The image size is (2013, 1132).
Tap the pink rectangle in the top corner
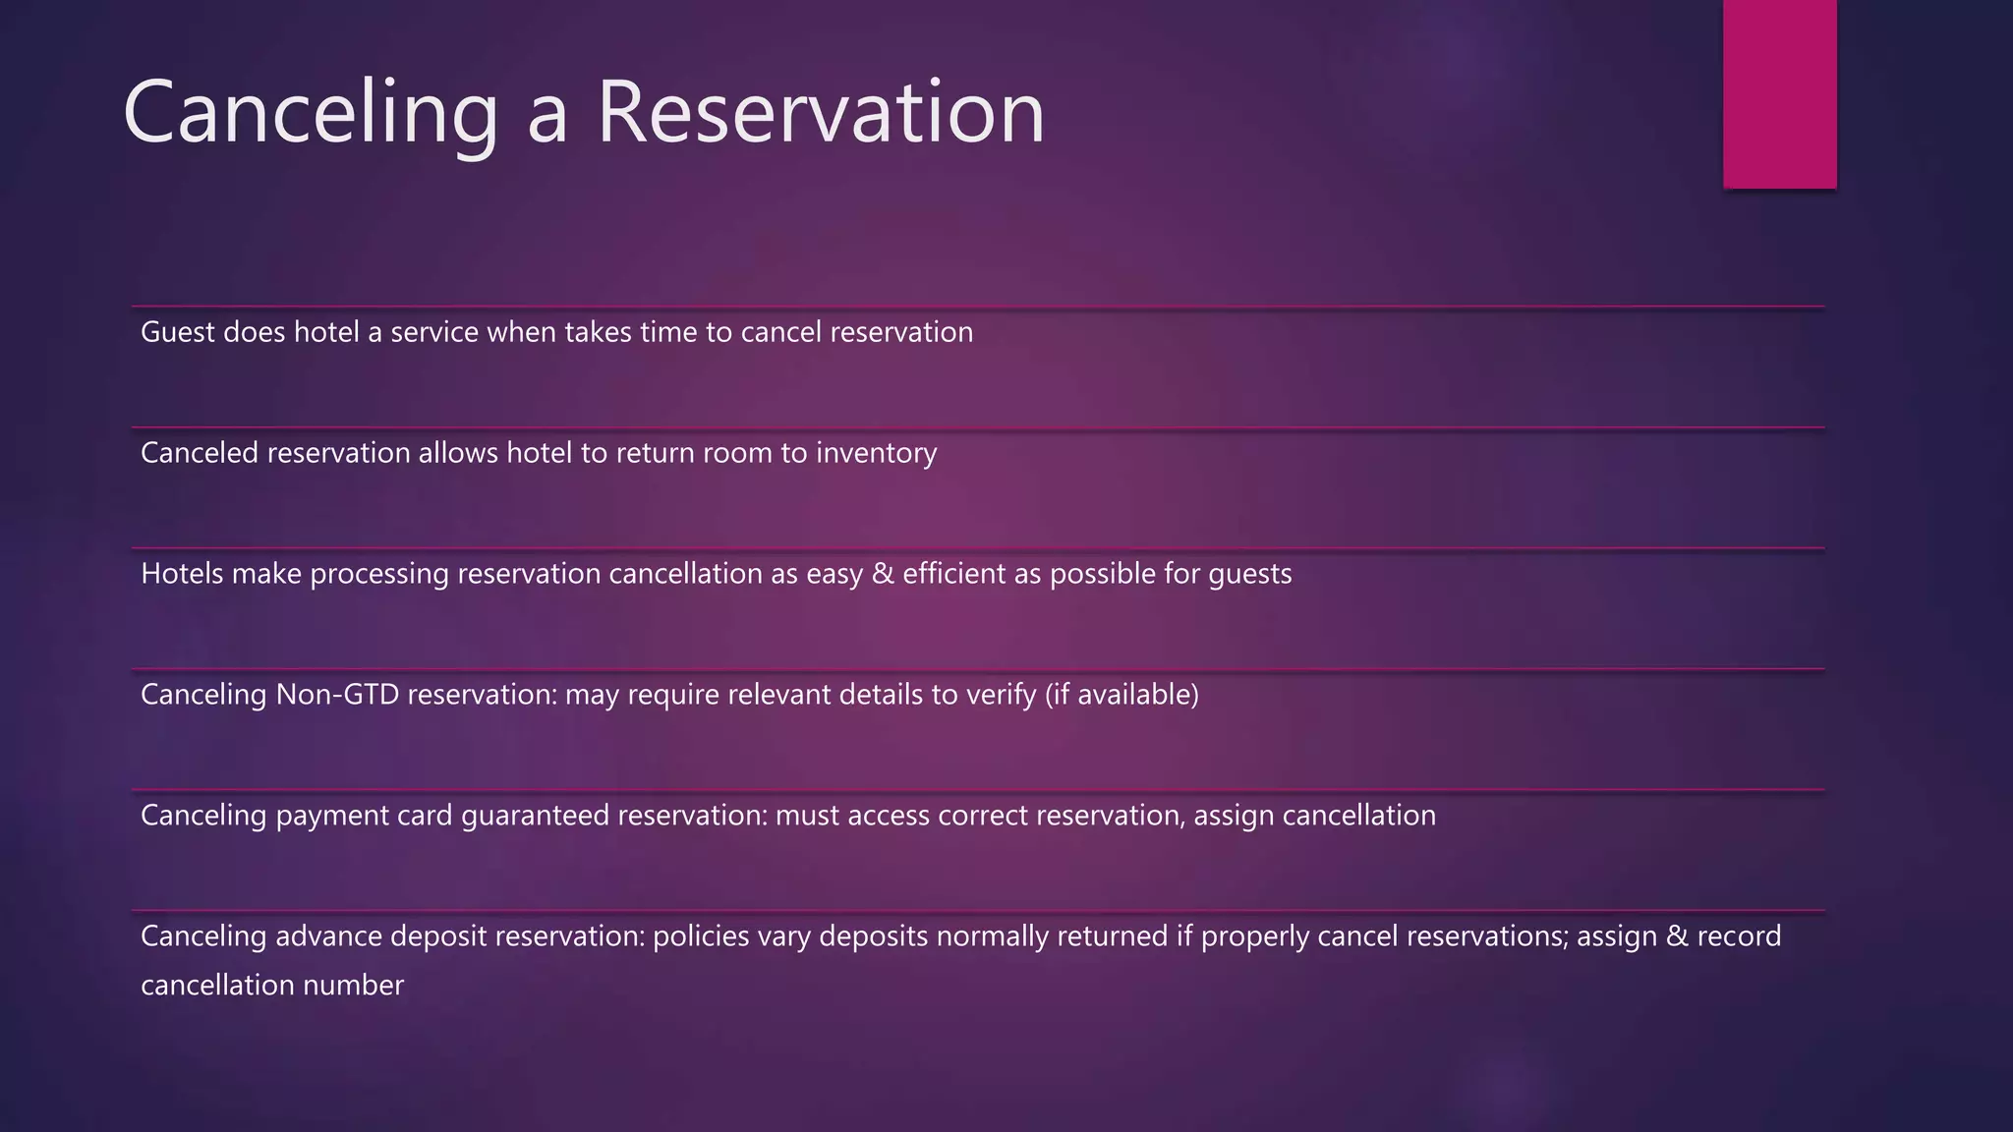pos(1779,93)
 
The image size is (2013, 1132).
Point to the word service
pos(434,332)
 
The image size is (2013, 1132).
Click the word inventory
pos(876,453)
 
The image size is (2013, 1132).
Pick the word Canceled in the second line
pos(200,453)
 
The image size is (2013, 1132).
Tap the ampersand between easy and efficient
pos(883,574)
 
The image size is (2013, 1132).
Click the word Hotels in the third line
pos(182,574)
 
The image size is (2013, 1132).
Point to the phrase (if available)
pos(1122,695)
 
